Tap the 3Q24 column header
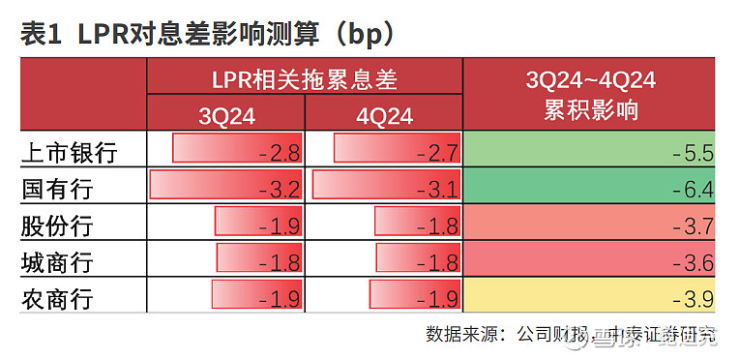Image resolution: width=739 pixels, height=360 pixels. pyautogui.click(x=226, y=116)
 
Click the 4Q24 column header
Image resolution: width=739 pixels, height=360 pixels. pyautogui.click(x=384, y=116)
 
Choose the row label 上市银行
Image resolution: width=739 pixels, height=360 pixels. pyautogui.click(x=69, y=152)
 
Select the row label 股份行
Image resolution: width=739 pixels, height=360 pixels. pyautogui.click(x=57, y=225)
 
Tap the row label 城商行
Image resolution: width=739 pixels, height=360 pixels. pyautogui.click(x=57, y=262)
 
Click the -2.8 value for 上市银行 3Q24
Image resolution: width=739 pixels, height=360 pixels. pyautogui.click(x=280, y=152)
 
